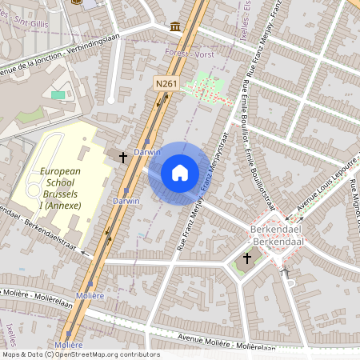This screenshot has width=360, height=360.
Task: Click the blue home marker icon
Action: [179, 173]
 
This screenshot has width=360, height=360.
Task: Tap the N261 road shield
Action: [166, 82]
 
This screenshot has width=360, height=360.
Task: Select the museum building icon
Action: [174, 27]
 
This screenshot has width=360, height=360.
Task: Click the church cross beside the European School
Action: [123, 158]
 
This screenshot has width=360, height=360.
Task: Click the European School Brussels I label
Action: [60, 188]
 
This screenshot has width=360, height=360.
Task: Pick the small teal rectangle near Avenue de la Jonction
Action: [58, 95]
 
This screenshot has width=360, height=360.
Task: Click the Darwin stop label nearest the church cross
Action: [147, 150]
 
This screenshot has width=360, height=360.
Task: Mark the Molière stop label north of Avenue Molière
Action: [92, 295]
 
